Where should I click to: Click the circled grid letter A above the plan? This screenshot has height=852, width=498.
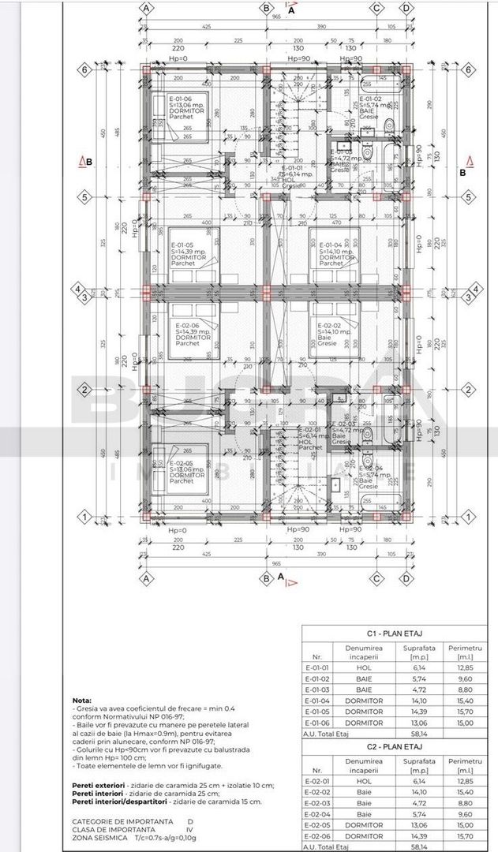tap(146, 8)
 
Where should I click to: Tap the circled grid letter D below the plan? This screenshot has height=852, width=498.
tap(406, 577)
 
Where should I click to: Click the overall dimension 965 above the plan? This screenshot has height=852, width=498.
tap(276, 15)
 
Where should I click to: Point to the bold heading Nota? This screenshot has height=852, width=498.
tap(81, 700)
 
